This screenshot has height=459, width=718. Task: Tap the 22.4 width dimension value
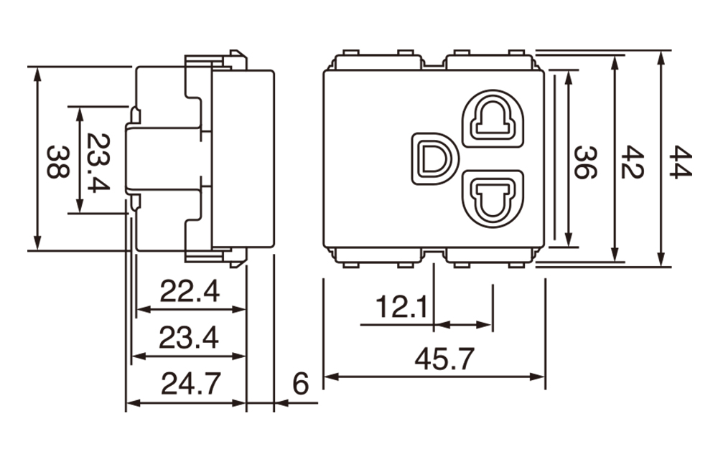tap(189, 291)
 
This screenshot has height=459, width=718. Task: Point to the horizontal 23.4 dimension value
tap(189, 338)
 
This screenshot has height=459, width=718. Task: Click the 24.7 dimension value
tap(190, 384)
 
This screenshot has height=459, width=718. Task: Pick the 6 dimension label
tap(300, 384)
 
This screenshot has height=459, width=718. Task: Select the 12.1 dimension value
tap(401, 308)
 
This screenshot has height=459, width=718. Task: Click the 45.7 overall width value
tap(444, 359)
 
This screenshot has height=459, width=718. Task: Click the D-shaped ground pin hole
tap(433, 157)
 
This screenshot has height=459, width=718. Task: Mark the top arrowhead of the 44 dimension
tap(661, 55)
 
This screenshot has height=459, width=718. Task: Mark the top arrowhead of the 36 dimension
tap(569, 75)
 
